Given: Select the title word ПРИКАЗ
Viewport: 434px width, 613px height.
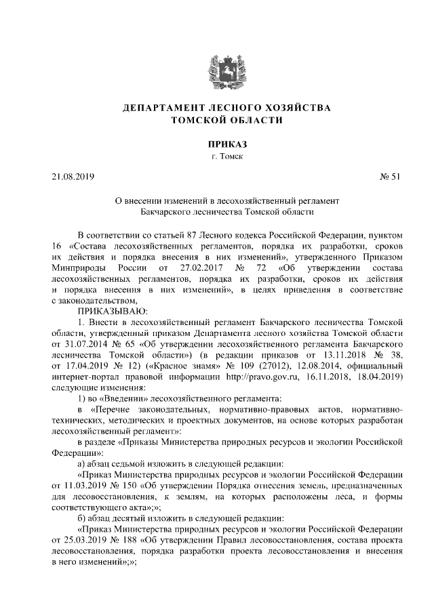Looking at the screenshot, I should pyautogui.click(x=217, y=144).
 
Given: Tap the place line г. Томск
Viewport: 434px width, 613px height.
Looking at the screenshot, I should pyautogui.click(x=217, y=157).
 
